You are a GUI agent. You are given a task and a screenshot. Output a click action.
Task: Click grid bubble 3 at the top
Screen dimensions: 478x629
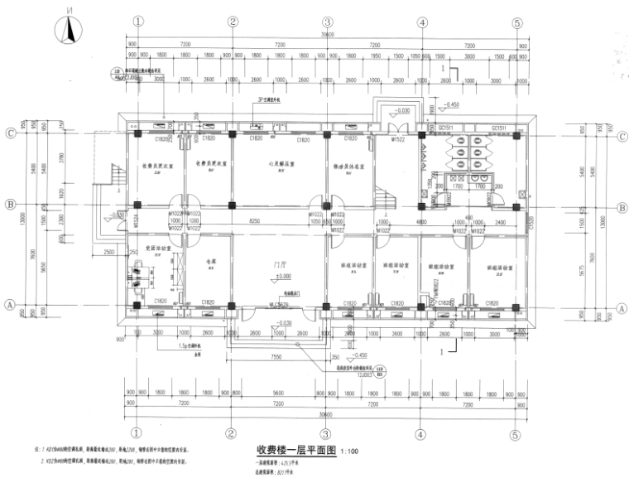(x=328, y=22)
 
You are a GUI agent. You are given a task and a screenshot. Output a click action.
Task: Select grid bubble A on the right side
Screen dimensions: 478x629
(x=618, y=306)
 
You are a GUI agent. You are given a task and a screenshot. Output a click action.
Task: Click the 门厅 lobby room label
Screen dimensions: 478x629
(x=281, y=267)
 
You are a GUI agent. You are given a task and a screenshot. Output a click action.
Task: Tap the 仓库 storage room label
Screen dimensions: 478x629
(x=209, y=260)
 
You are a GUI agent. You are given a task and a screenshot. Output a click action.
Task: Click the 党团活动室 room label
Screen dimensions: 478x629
(x=158, y=247)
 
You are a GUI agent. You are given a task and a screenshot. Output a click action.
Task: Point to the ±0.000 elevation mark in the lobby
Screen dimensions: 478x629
(x=283, y=277)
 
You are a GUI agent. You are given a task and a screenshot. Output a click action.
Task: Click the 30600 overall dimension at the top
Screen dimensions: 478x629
(x=328, y=36)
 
